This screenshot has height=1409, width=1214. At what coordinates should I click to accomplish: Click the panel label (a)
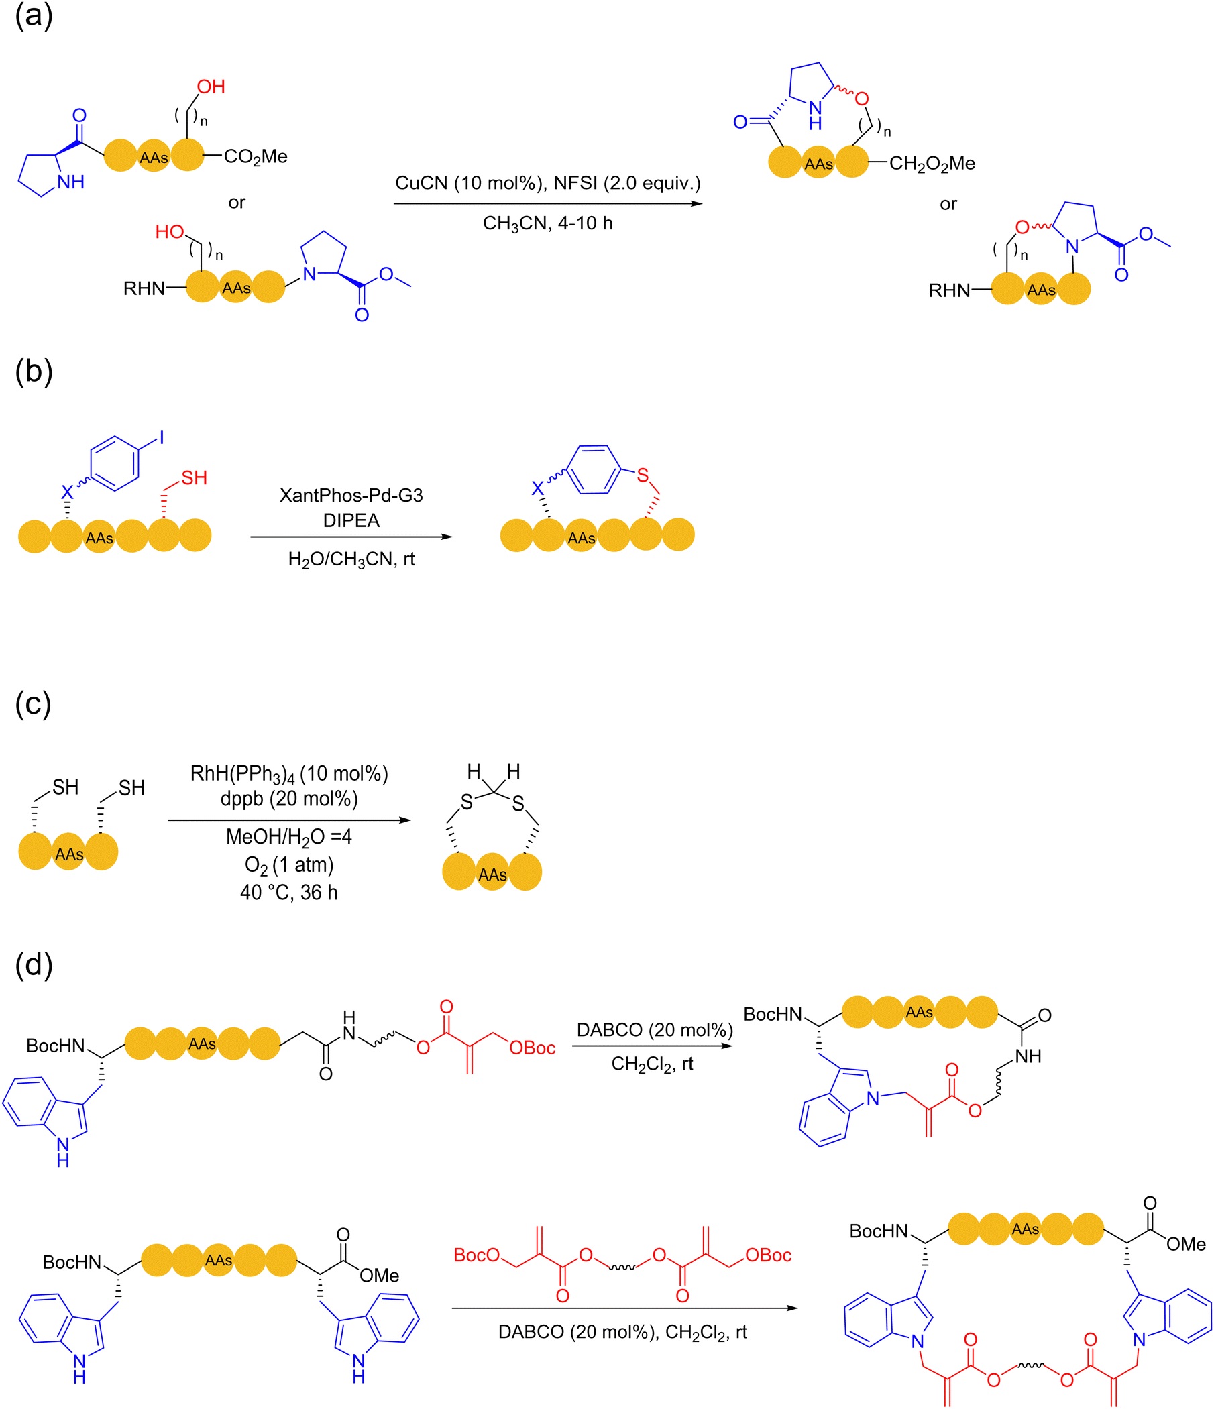34,15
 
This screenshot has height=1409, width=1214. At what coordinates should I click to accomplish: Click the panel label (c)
33,704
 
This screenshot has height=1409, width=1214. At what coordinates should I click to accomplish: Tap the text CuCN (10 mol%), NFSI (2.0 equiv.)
547,184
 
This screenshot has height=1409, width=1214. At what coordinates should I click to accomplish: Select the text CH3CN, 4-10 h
547,224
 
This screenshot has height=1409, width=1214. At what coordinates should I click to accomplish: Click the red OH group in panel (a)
211,87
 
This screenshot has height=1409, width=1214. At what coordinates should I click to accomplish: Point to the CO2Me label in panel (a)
256,157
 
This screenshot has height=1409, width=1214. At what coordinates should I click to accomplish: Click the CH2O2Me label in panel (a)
932,164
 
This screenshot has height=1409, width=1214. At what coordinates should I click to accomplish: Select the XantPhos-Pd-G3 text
351,495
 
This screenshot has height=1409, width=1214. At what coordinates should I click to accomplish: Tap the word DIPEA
351,521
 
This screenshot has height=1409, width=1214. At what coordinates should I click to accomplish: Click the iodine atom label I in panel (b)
162,437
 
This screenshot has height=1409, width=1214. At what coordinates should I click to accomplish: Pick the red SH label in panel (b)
194,478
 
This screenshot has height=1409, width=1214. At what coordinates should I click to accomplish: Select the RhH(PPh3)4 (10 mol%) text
289,775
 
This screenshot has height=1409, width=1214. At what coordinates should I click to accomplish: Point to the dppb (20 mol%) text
289,799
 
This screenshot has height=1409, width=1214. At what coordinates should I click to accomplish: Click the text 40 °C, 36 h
289,892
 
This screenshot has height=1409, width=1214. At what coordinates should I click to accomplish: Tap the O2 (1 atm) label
289,866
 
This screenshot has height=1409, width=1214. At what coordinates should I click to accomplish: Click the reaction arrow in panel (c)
290,820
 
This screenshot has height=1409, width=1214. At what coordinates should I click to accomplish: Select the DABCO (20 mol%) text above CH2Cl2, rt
654,1030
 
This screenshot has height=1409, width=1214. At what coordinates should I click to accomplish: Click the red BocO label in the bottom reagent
477,1255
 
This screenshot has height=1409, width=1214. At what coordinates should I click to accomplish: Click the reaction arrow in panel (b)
351,537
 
